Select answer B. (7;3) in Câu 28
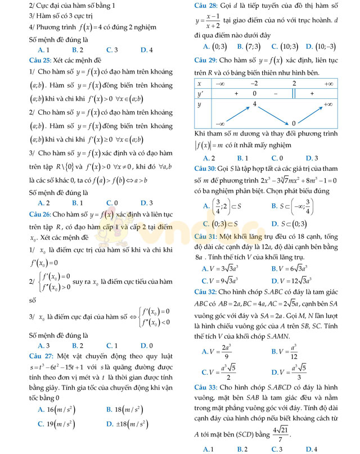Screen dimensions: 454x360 248,47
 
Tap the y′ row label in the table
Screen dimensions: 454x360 200,93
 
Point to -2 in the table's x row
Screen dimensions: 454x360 254,83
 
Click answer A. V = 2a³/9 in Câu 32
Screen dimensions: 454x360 217,352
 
